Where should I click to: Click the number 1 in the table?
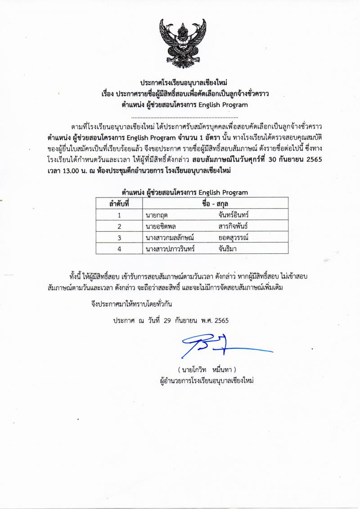(x=119, y=215)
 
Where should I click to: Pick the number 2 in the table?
(x=119, y=226)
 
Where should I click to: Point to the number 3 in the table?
(x=119, y=237)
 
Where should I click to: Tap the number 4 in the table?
(x=119, y=248)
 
